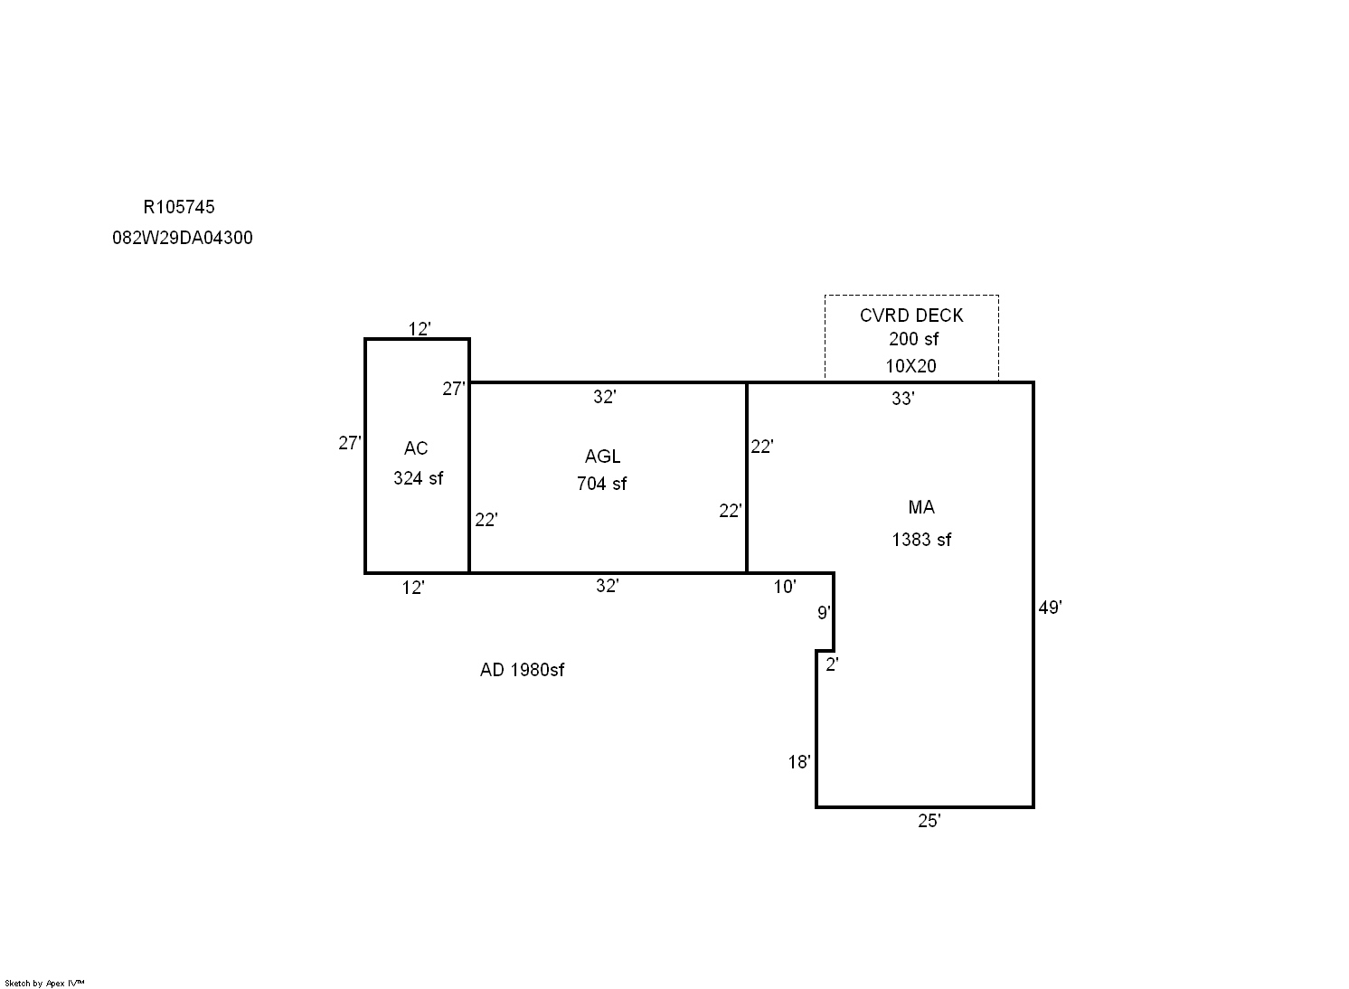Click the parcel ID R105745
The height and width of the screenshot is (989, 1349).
pyautogui.click(x=179, y=207)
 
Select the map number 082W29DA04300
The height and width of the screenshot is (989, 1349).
pyautogui.click(x=183, y=238)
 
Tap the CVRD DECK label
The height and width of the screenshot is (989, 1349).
pyautogui.click(x=911, y=316)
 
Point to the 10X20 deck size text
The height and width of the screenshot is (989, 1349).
pyautogui.click(x=910, y=366)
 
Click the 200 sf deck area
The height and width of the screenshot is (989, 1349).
pyautogui.click(x=913, y=339)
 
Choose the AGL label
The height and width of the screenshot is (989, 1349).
pyautogui.click(x=602, y=457)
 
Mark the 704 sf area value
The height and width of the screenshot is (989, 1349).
pyautogui.click(x=601, y=484)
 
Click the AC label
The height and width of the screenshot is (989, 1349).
pyautogui.click(x=416, y=448)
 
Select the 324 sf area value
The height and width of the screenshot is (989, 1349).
pyautogui.click(x=418, y=478)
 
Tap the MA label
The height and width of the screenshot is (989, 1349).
pyautogui.click(x=921, y=507)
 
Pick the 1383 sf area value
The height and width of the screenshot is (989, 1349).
pyautogui.click(x=921, y=540)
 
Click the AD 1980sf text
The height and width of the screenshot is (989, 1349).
pyautogui.click(x=522, y=670)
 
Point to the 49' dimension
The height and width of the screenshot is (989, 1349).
pyautogui.click(x=1051, y=608)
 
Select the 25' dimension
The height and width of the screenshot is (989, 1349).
pyautogui.click(x=929, y=821)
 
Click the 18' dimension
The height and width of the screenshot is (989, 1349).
pyautogui.click(x=799, y=762)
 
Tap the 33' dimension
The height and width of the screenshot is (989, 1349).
pyautogui.click(x=902, y=399)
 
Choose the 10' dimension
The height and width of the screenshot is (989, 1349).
pyautogui.click(x=785, y=587)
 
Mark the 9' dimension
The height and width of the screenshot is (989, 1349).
pyautogui.click(x=824, y=613)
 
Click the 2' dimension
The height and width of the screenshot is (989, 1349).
pyautogui.click(x=832, y=664)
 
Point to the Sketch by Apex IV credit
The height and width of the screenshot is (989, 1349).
pyautogui.click(x=44, y=984)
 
